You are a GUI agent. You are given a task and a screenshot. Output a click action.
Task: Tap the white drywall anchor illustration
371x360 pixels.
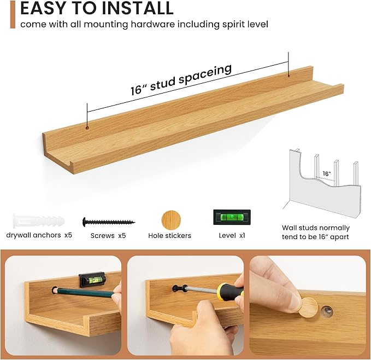(x=39, y=220)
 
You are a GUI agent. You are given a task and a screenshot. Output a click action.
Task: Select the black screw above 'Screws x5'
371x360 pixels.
(x=109, y=222)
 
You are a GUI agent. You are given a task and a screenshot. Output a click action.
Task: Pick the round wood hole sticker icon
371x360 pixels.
(x=171, y=220)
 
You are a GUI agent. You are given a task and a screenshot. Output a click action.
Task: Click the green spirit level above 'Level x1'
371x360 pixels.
(x=232, y=217)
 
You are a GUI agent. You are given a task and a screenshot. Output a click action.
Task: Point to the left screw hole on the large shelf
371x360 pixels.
(x=87, y=128)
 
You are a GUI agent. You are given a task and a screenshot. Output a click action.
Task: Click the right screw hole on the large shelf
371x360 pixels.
(x=288, y=76)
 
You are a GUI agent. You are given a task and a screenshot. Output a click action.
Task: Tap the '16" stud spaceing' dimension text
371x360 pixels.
(x=181, y=79)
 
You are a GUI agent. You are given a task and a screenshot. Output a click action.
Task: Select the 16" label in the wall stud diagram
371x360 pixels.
(x=327, y=173)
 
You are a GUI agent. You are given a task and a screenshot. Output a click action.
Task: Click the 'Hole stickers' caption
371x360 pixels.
(x=169, y=236)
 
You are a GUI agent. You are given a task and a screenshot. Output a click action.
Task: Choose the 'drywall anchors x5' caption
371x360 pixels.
(x=39, y=235)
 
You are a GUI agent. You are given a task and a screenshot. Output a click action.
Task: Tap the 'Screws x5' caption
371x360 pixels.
(x=108, y=236)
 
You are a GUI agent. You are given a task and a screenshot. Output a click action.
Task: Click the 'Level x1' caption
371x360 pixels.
(x=232, y=235)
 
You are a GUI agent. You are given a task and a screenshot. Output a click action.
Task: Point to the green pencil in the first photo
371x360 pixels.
(x=84, y=293)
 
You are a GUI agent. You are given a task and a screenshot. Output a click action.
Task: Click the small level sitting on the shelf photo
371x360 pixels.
(x=92, y=280)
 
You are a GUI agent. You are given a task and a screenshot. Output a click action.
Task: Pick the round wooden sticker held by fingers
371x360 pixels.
(x=308, y=307)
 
